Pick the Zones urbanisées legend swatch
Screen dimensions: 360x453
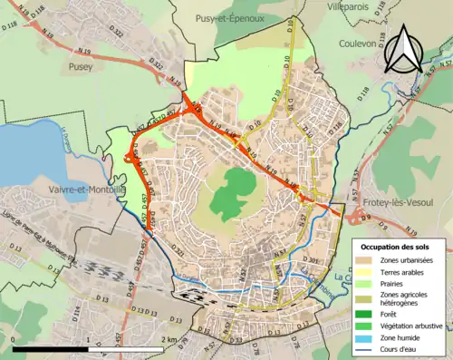[364, 261]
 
